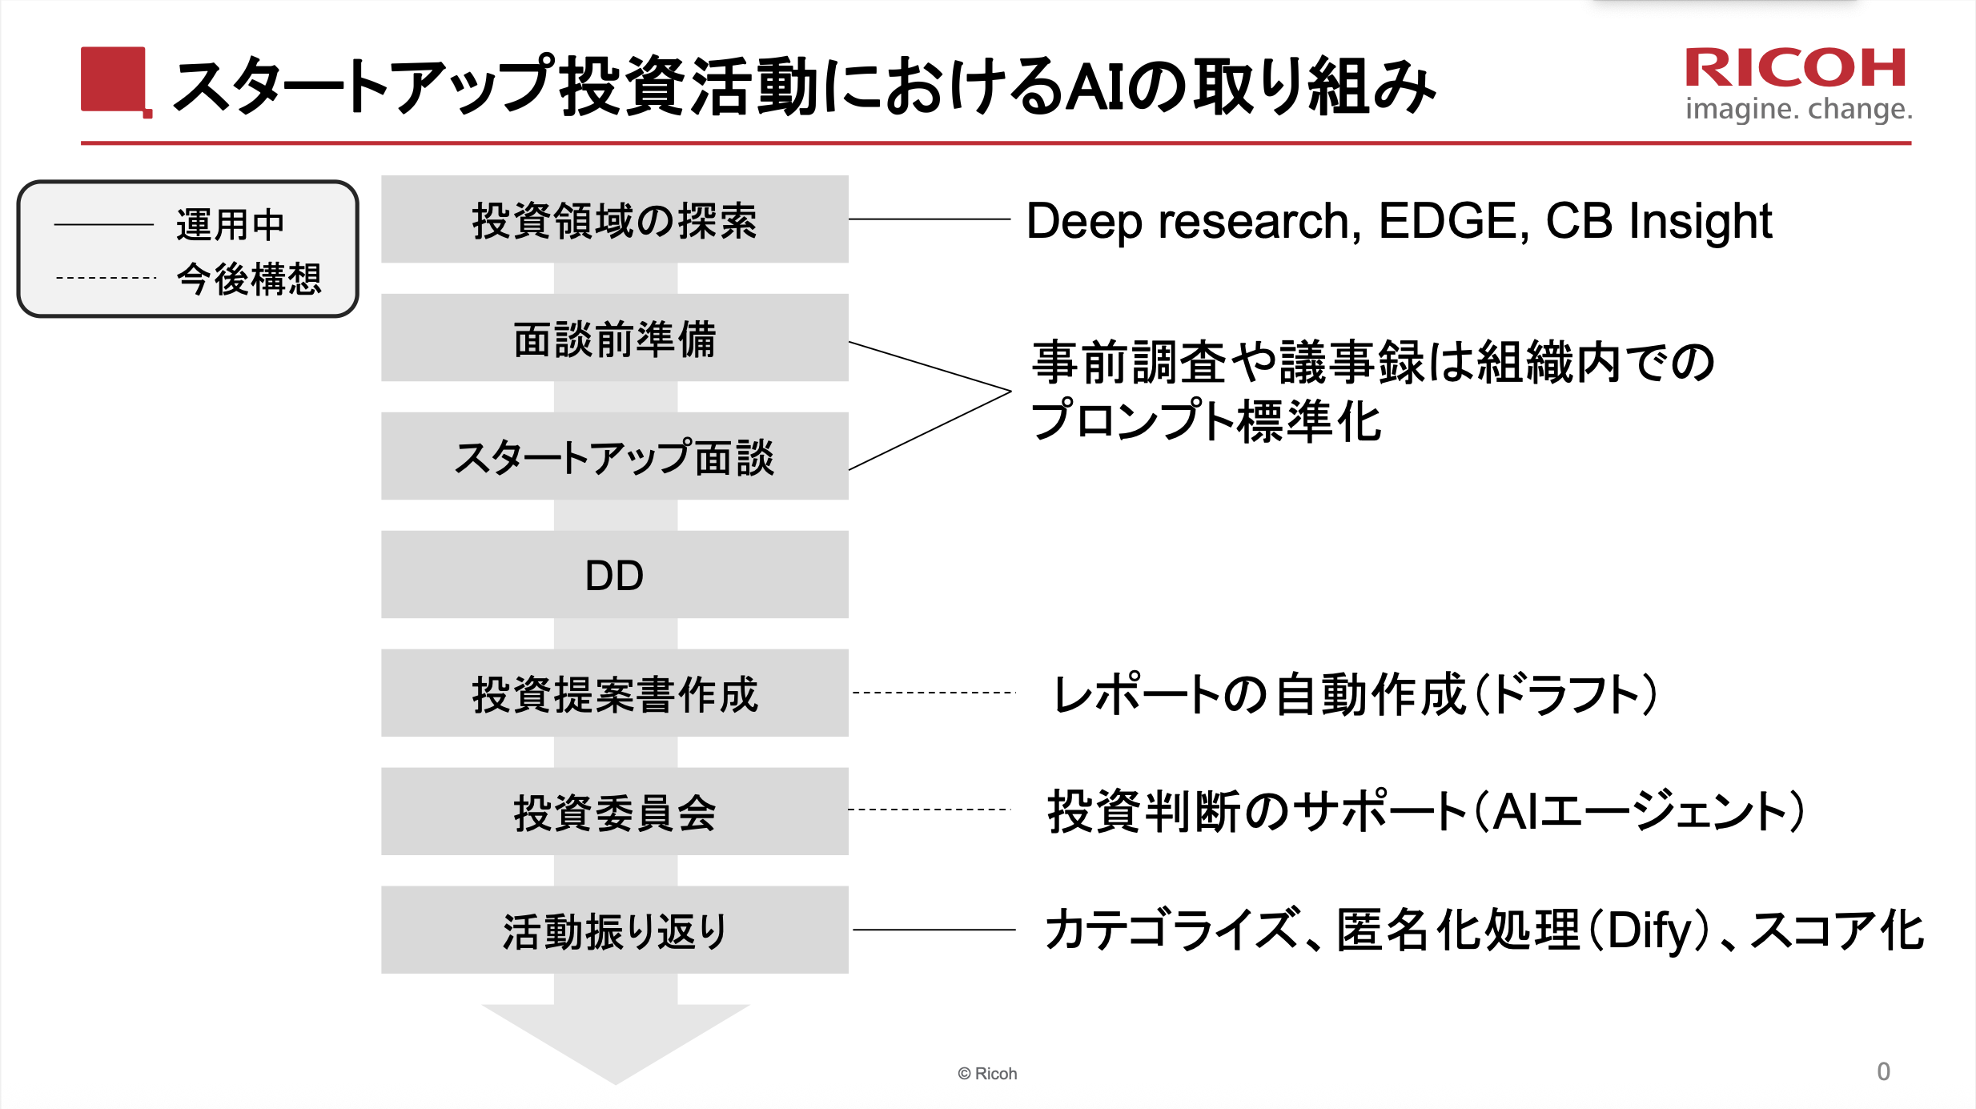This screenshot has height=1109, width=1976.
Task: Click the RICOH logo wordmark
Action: point(1796,68)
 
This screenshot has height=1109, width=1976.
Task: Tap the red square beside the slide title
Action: point(114,80)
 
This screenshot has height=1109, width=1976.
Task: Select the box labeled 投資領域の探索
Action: point(614,219)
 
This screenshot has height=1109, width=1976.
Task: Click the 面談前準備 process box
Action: point(614,338)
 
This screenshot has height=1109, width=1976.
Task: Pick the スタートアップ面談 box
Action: point(614,456)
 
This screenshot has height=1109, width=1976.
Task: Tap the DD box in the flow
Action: point(614,575)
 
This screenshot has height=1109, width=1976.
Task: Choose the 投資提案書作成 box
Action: point(614,693)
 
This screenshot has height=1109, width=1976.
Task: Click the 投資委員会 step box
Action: point(614,812)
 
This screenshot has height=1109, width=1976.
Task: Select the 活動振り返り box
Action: point(614,930)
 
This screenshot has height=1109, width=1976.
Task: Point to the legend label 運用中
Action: point(231,224)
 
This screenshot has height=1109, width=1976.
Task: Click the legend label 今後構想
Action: point(249,279)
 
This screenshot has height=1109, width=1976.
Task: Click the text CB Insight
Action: point(1658,221)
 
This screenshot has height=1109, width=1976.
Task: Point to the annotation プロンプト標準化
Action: point(1206,421)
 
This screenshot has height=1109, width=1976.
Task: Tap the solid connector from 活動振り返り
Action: point(934,930)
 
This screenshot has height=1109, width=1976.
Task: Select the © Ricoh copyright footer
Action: point(987,1074)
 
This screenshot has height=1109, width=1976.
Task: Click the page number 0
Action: point(1883,1071)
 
